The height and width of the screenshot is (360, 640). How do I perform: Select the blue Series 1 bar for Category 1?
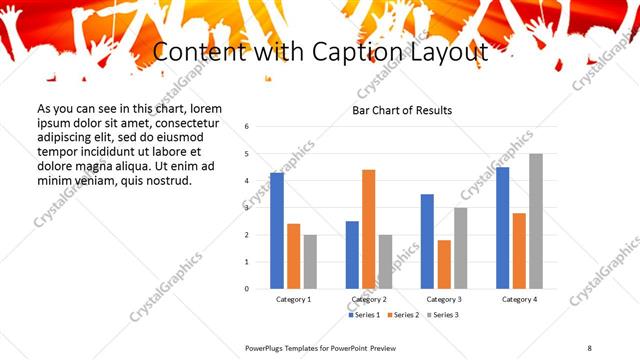click(x=277, y=231)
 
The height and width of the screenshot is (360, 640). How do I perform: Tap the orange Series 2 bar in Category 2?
click(x=369, y=229)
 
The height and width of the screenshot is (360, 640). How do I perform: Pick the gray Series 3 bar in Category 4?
click(x=537, y=221)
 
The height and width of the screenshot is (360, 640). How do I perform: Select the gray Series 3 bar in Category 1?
click(x=311, y=261)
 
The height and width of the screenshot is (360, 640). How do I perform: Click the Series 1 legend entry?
click(x=363, y=315)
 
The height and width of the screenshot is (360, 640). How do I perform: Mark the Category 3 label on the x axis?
click(x=444, y=300)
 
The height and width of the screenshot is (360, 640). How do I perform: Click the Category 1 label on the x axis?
click(x=294, y=300)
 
